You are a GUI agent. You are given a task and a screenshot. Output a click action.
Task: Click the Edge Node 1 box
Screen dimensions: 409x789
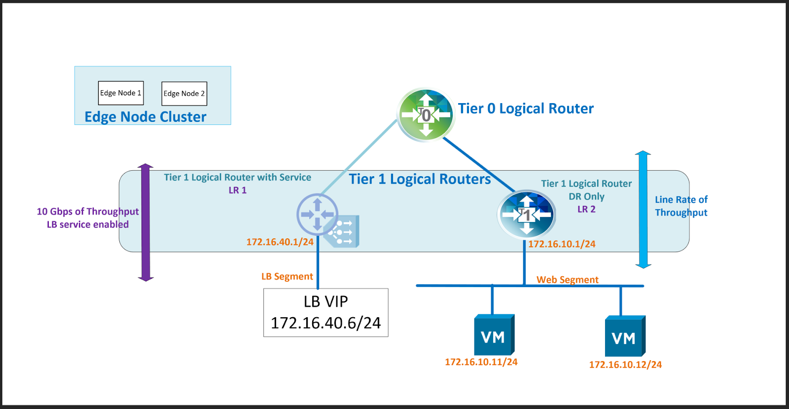click(x=121, y=93)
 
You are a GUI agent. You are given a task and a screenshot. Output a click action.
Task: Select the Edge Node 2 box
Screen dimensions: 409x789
click(x=184, y=93)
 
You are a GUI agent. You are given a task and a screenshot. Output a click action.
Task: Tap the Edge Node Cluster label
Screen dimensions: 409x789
click(x=145, y=117)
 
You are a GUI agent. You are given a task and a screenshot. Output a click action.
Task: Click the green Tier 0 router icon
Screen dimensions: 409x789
click(x=426, y=115)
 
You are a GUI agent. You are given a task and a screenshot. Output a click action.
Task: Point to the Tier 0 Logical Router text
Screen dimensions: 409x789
click(x=526, y=109)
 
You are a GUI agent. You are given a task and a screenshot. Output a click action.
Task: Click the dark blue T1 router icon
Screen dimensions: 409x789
click(x=527, y=215)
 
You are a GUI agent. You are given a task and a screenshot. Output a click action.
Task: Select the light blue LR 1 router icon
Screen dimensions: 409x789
click(x=317, y=214)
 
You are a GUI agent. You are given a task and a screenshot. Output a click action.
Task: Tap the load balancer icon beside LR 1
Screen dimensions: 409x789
click(x=344, y=231)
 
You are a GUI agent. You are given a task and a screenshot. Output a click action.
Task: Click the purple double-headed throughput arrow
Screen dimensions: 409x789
click(x=145, y=222)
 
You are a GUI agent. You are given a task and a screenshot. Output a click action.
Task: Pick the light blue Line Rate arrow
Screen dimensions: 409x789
click(x=643, y=210)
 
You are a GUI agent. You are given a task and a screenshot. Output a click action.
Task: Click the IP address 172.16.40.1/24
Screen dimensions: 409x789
click(x=280, y=242)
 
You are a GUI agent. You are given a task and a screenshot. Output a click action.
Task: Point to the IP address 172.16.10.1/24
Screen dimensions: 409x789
click(x=562, y=244)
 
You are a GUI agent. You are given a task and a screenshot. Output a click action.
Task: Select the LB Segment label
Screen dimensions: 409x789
click(x=287, y=276)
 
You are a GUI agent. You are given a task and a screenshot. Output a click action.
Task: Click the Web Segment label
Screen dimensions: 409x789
click(x=567, y=280)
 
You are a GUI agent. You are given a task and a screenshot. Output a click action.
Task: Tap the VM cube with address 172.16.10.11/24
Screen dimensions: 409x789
click(x=494, y=335)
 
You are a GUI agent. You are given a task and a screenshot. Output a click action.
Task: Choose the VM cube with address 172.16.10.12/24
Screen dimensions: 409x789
click(x=625, y=336)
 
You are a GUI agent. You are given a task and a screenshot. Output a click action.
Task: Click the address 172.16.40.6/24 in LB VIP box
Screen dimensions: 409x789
click(x=325, y=323)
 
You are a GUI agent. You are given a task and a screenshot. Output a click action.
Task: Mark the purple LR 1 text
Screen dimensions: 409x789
click(x=237, y=190)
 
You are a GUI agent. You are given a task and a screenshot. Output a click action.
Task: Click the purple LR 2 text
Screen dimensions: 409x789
click(x=586, y=209)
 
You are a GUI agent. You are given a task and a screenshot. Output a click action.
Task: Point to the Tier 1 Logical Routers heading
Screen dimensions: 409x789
click(x=420, y=179)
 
